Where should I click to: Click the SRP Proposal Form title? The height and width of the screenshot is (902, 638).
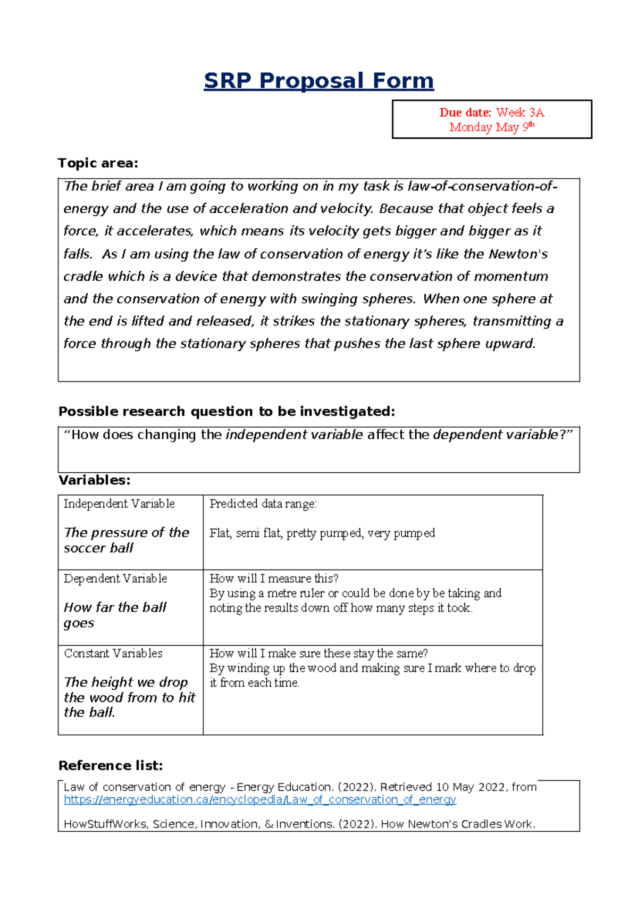(319, 81)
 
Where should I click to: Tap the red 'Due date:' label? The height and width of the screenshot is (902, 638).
(465, 113)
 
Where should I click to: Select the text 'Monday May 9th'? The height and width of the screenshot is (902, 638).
(491, 127)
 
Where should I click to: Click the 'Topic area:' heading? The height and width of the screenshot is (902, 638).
(98, 163)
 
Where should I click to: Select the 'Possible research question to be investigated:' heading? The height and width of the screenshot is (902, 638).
(227, 412)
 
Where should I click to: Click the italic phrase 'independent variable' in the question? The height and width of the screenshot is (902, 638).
(294, 435)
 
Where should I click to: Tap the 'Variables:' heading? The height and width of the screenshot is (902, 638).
(94, 480)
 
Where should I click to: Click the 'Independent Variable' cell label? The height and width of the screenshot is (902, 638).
(119, 504)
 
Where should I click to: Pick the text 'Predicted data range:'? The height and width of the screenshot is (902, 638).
(263, 504)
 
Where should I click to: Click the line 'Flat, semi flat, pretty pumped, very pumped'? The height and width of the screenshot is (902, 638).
(322, 533)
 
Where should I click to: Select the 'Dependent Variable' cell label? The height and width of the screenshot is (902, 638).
(115, 579)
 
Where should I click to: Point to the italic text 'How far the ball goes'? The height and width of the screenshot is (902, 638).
(115, 615)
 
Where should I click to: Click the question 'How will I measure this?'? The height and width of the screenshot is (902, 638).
(274, 579)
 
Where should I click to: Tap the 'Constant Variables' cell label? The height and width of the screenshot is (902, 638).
(113, 654)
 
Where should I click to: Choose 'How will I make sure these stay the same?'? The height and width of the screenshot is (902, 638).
(318, 654)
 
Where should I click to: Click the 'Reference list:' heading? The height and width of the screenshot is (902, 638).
(111, 766)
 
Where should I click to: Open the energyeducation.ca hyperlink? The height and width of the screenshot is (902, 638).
(260, 800)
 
